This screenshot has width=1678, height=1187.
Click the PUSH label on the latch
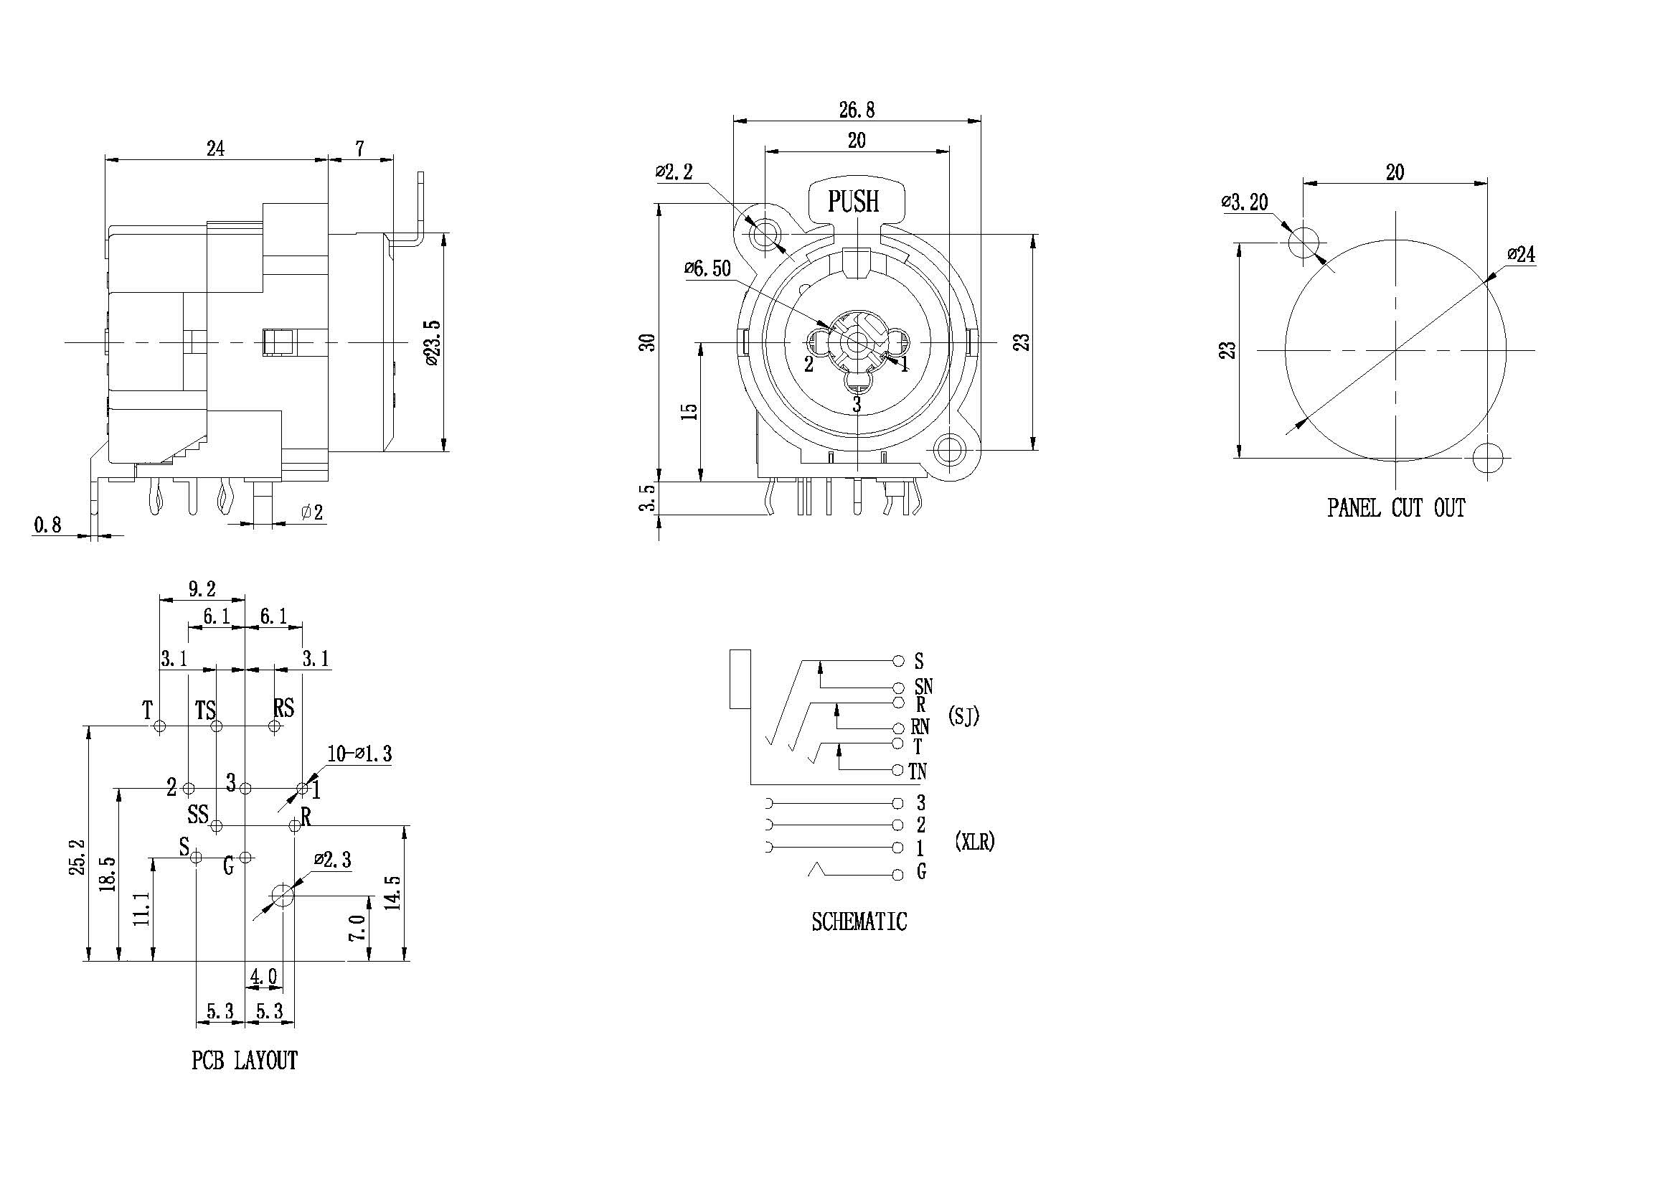coord(853,201)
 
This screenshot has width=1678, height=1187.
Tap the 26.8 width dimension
coord(856,110)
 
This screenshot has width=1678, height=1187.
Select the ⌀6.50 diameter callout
coord(707,268)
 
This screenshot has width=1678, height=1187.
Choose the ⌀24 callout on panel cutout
coord(1521,254)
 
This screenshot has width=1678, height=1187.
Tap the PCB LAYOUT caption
coord(244,1060)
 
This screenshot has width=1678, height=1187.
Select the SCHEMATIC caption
coord(859,921)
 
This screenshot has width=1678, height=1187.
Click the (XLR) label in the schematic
coord(975,842)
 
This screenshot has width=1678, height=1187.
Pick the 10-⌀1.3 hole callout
coord(359,754)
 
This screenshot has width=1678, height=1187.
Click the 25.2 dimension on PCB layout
coord(79,857)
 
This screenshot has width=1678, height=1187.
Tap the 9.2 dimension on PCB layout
coord(202,589)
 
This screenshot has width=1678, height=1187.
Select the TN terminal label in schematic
coord(918,771)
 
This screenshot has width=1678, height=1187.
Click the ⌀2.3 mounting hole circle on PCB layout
coord(282,894)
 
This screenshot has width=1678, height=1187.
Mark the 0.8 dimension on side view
coord(47,524)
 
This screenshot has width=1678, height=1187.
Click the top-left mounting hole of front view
coord(765,234)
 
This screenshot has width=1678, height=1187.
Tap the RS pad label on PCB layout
coord(283,708)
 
